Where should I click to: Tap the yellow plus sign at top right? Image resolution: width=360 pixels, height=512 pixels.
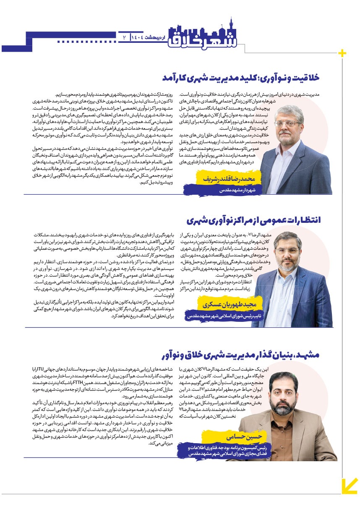pyautogui.click(x=342, y=53)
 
